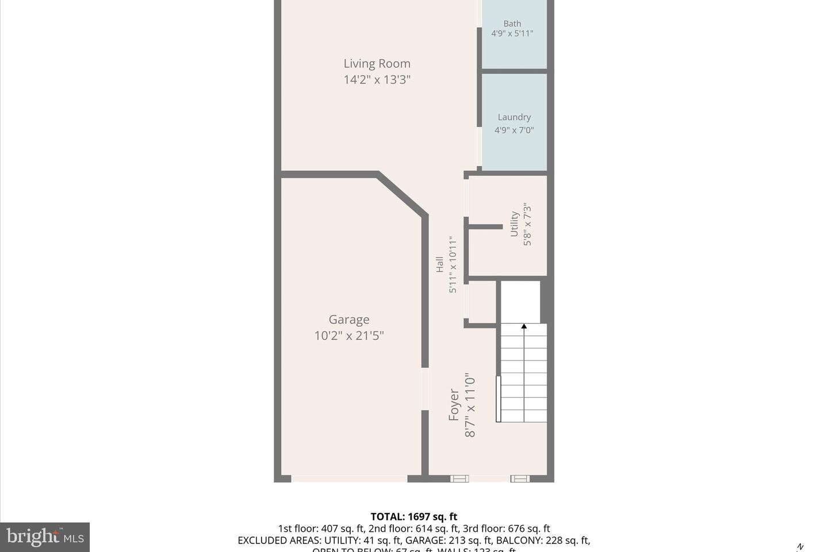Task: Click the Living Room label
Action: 377,64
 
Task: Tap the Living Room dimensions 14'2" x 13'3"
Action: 377,80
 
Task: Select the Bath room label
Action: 512,24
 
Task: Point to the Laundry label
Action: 514,117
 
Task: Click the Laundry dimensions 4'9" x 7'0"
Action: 514,131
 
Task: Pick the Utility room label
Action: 515,224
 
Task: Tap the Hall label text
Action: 440,264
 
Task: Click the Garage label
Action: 349,320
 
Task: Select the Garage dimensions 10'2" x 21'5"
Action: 349,336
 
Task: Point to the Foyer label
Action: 454,405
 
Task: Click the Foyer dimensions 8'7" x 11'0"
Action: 470,405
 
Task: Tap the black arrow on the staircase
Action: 524,327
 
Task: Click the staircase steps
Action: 523,374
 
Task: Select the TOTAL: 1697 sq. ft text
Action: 414,516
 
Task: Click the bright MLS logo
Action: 45,538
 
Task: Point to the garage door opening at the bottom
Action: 349,478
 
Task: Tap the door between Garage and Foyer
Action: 425,389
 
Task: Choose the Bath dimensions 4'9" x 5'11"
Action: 512,34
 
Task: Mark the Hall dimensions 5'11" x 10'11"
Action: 453,264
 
